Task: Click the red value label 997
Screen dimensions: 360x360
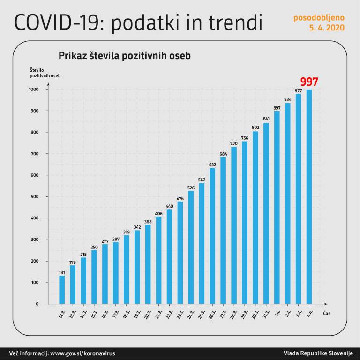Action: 309,82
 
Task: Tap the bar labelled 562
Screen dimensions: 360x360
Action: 202,243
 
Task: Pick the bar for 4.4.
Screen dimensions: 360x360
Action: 309,197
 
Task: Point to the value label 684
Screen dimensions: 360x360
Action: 223,153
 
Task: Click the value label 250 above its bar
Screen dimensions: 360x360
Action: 94,247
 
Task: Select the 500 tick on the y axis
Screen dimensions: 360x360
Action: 35,197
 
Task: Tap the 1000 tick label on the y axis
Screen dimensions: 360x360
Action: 33,90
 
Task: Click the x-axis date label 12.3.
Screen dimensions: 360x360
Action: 62,314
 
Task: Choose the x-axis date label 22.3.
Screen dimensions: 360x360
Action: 170,314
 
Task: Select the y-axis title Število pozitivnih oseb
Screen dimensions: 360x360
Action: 45,73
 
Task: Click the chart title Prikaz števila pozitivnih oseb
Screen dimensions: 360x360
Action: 124,55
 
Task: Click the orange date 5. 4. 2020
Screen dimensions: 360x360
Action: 326,28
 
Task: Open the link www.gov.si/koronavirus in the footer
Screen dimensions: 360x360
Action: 82,353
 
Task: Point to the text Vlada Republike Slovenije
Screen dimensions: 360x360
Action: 318,353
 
